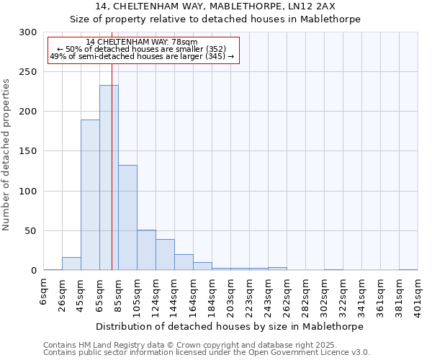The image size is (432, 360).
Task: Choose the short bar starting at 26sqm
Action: pyautogui.click(x=71, y=264)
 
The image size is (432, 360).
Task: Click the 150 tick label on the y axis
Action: pyautogui.click(x=29, y=152)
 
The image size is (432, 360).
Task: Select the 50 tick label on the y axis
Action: pyautogui.click(x=32, y=231)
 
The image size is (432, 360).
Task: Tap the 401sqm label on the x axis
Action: pyautogui.click(x=418, y=294)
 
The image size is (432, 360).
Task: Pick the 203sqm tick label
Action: pyautogui.click(x=230, y=294)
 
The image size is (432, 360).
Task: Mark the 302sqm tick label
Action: pyautogui.click(x=324, y=294)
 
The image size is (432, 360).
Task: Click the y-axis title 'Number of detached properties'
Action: pyautogui.click(x=6, y=155)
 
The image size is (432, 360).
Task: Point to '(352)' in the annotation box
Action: pyautogui.click(x=213, y=49)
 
